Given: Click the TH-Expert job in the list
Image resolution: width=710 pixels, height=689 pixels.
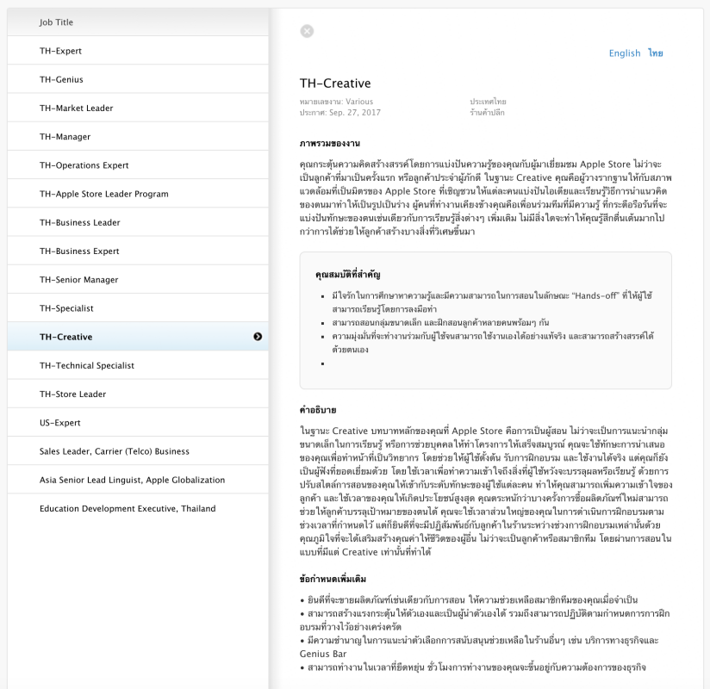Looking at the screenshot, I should click(60, 51).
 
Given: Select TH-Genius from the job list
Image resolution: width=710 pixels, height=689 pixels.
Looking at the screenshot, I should click(61, 79).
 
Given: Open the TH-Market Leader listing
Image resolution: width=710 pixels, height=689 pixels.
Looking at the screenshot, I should click(76, 108).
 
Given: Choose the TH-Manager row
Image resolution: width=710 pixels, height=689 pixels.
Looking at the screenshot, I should click(65, 137).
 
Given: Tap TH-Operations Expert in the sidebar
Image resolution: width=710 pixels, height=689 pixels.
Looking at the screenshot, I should click(84, 165).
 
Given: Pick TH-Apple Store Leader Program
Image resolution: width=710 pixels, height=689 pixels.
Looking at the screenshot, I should click(103, 194).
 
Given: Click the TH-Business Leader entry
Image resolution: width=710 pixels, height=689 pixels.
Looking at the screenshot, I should click(79, 222).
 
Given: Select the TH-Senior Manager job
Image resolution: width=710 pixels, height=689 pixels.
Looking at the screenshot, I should click(78, 280).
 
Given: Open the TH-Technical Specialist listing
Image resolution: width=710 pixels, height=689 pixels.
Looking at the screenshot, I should click(86, 365).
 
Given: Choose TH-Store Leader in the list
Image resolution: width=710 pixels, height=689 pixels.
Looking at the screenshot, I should click(72, 394).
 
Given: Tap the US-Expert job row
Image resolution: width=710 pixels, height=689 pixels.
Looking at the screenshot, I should click(59, 423).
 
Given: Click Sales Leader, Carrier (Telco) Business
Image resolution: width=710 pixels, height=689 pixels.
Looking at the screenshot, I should click(114, 451).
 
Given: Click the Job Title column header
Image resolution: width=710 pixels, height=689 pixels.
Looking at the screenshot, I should click(56, 22).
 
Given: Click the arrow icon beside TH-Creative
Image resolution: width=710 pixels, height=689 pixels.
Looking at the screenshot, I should click(258, 337).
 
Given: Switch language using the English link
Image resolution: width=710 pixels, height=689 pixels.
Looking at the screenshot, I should click(625, 53).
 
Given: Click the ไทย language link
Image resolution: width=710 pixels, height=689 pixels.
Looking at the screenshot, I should click(656, 53).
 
